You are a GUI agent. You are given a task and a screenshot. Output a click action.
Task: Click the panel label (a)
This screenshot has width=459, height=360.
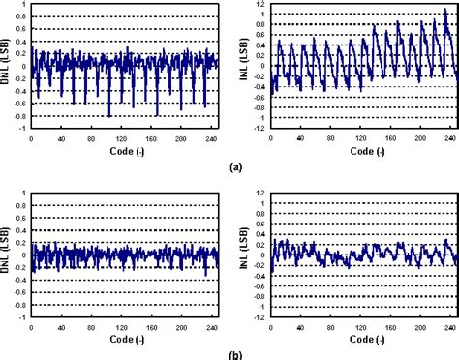236,165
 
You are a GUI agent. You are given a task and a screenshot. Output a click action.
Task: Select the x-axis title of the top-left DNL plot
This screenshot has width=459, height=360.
124,151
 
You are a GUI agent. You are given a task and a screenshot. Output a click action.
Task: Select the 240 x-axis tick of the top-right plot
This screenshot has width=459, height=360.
449,138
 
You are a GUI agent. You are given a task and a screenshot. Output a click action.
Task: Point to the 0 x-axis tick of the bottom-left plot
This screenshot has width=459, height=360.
32,326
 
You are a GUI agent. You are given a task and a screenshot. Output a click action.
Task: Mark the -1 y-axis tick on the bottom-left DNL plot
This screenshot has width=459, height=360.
21,316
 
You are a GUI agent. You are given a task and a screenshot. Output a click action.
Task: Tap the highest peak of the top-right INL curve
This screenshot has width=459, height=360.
446,13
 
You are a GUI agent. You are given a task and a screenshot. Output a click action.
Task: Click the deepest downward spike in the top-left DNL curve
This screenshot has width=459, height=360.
108,115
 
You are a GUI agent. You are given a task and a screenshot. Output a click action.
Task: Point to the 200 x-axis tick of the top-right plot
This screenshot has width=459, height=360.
420,138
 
